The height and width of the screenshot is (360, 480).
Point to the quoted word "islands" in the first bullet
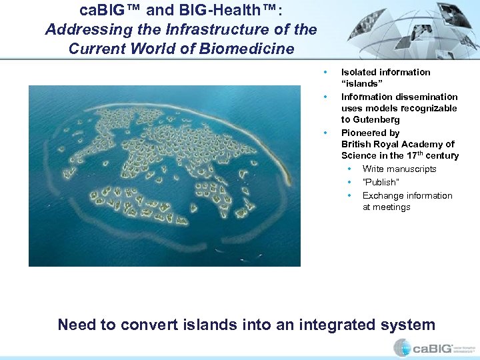pos(362,84)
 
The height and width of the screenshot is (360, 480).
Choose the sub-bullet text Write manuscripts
pos(399,169)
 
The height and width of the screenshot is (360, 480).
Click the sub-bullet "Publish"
pos(381,182)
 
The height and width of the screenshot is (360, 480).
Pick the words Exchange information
pos(407,195)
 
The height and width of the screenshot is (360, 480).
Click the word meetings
pos(392,207)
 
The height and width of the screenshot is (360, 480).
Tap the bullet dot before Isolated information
pos(325,72)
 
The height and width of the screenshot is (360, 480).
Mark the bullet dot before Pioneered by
pos(325,133)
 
